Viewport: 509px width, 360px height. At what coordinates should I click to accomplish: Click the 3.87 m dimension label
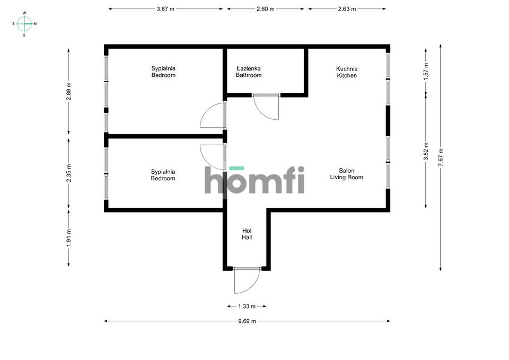pyautogui.click(x=165, y=9)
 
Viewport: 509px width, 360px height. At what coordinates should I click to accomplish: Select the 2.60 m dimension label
pyautogui.click(x=265, y=9)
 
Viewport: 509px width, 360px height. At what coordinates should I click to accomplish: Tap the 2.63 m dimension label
pyautogui.click(x=347, y=9)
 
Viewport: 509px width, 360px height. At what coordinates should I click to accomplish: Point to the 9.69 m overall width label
pyautogui.click(x=247, y=321)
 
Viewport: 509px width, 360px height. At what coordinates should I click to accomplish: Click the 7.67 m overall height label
pyautogui.click(x=441, y=157)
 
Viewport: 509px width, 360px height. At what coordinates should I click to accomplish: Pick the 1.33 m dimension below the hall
pyautogui.click(x=247, y=306)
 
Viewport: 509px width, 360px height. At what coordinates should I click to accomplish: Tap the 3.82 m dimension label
pyautogui.click(x=426, y=151)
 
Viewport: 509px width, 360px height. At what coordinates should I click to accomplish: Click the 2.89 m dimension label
pyautogui.click(x=68, y=91)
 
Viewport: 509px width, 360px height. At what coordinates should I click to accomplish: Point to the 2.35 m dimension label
pyautogui.click(x=68, y=173)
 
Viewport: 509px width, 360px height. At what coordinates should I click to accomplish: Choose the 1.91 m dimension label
pyautogui.click(x=68, y=238)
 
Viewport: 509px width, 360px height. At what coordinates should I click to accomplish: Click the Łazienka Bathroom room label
pyautogui.click(x=249, y=72)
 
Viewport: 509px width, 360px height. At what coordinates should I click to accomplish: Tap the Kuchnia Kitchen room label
pyautogui.click(x=347, y=72)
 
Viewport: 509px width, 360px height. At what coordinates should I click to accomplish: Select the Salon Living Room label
pyautogui.click(x=346, y=174)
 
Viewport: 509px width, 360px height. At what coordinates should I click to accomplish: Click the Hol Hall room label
pyautogui.click(x=247, y=234)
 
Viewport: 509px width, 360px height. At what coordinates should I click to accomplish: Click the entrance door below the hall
pyautogui.click(x=247, y=280)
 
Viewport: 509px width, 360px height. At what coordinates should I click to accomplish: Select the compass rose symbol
pyautogui.click(x=24, y=24)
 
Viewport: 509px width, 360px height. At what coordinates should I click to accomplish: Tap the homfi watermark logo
pyautogui.click(x=254, y=180)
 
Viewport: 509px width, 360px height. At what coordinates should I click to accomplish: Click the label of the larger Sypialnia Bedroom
pyautogui.click(x=163, y=72)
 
